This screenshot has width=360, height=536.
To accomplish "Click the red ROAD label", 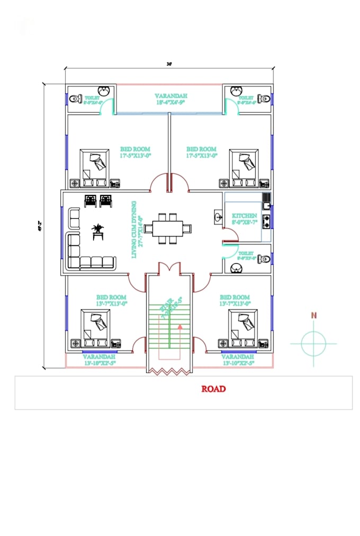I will [213, 389].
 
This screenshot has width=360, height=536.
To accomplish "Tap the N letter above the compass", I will [314, 315].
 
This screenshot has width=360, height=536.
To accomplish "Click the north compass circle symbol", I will [313, 343].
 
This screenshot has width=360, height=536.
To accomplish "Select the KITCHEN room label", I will [245, 216].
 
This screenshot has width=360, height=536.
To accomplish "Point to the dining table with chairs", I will [167, 228].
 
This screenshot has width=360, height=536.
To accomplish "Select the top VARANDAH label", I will [170, 96].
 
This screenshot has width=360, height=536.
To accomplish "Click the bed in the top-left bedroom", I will [94, 165].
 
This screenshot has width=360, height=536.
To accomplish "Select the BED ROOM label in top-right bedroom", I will [201, 149].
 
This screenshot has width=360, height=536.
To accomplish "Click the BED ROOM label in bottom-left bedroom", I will [111, 298].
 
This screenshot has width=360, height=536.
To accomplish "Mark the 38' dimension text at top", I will [169, 63].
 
